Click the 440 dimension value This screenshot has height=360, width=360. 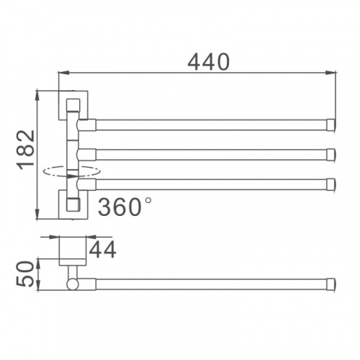[208, 62]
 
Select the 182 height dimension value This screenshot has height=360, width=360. [26, 150]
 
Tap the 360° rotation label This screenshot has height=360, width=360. [125, 207]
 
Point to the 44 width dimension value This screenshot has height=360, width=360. [103, 250]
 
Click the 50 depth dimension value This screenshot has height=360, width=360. [24, 274]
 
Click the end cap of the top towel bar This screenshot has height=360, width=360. [331, 125]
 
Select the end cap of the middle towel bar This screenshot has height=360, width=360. [331, 155]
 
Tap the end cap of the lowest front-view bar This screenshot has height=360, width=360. [331, 184]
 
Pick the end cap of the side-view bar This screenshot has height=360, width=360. [331, 284]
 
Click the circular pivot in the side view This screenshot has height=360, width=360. [73, 284]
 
